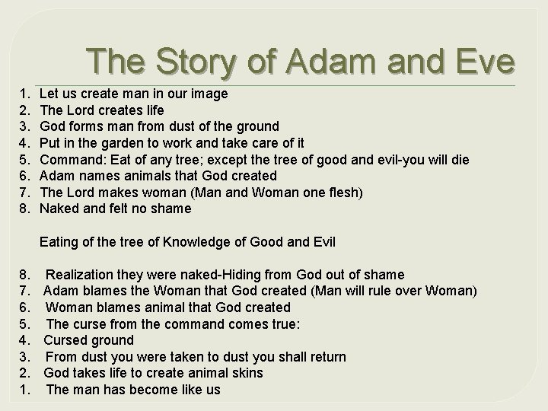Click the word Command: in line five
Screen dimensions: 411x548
coord(70,159)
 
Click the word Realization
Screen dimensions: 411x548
coord(81,275)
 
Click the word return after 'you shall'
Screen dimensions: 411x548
coord(325,357)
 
